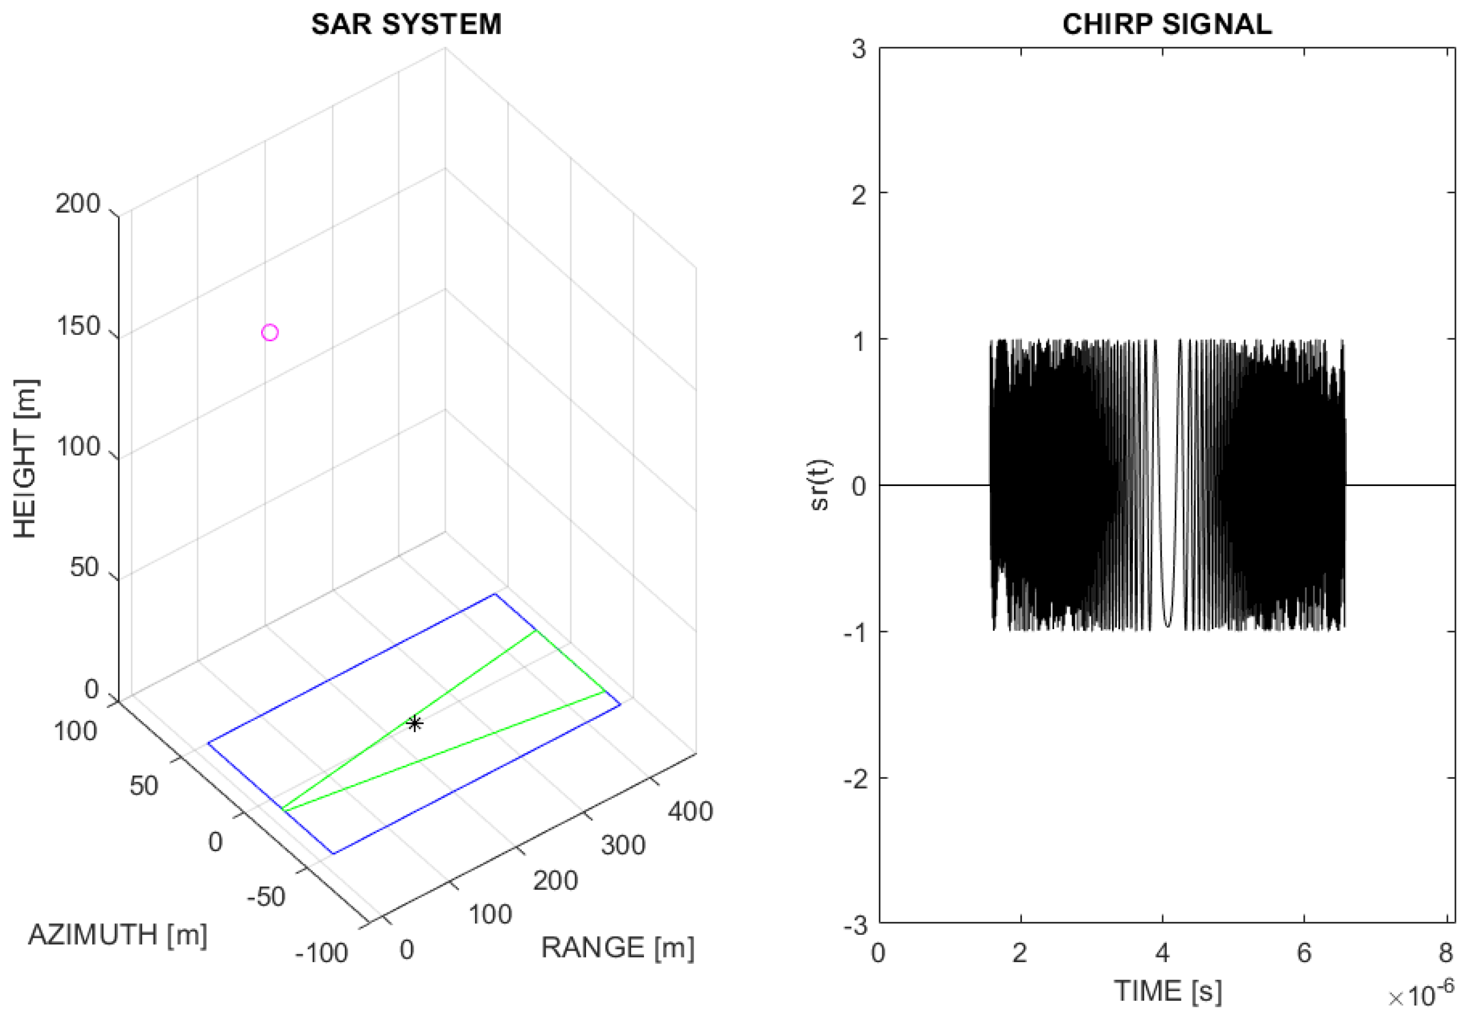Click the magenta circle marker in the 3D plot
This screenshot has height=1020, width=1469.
(x=270, y=332)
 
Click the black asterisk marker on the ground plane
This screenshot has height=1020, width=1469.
(x=414, y=723)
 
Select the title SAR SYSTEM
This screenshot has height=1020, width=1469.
(x=406, y=25)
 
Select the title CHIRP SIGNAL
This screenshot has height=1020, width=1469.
(x=1167, y=25)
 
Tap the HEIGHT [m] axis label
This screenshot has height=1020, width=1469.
(x=26, y=458)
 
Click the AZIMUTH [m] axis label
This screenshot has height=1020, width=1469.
(x=117, y=935)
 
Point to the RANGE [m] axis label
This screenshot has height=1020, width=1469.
(x=618, y=947)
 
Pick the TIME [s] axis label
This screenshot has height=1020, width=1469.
(x=1168, y=991)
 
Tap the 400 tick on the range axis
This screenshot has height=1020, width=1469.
(x=691, y=811)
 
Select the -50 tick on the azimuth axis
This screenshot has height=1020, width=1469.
(x=266, y=897)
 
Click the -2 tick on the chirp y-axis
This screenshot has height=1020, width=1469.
(x=855, y=778)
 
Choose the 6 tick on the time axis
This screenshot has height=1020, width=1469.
(x=1304, y=953)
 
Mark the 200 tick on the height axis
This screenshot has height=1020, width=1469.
(x=77, y=204)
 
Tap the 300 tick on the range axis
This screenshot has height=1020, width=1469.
(x=623, y=845)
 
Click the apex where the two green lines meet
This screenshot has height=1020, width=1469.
(x=283, y=810)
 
